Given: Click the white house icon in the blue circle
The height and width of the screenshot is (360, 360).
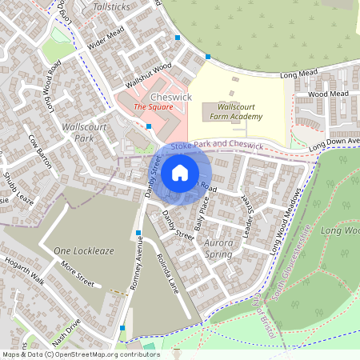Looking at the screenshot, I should click(x=179, y=172).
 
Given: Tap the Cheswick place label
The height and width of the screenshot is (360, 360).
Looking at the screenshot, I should click(x=171, y=97).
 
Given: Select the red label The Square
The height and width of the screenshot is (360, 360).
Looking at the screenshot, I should click(x=153, y=107).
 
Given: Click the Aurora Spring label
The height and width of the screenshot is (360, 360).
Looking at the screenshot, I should click(x=208, y=248).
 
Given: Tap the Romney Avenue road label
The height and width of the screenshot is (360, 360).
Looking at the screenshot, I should click(x=137, y=266).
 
